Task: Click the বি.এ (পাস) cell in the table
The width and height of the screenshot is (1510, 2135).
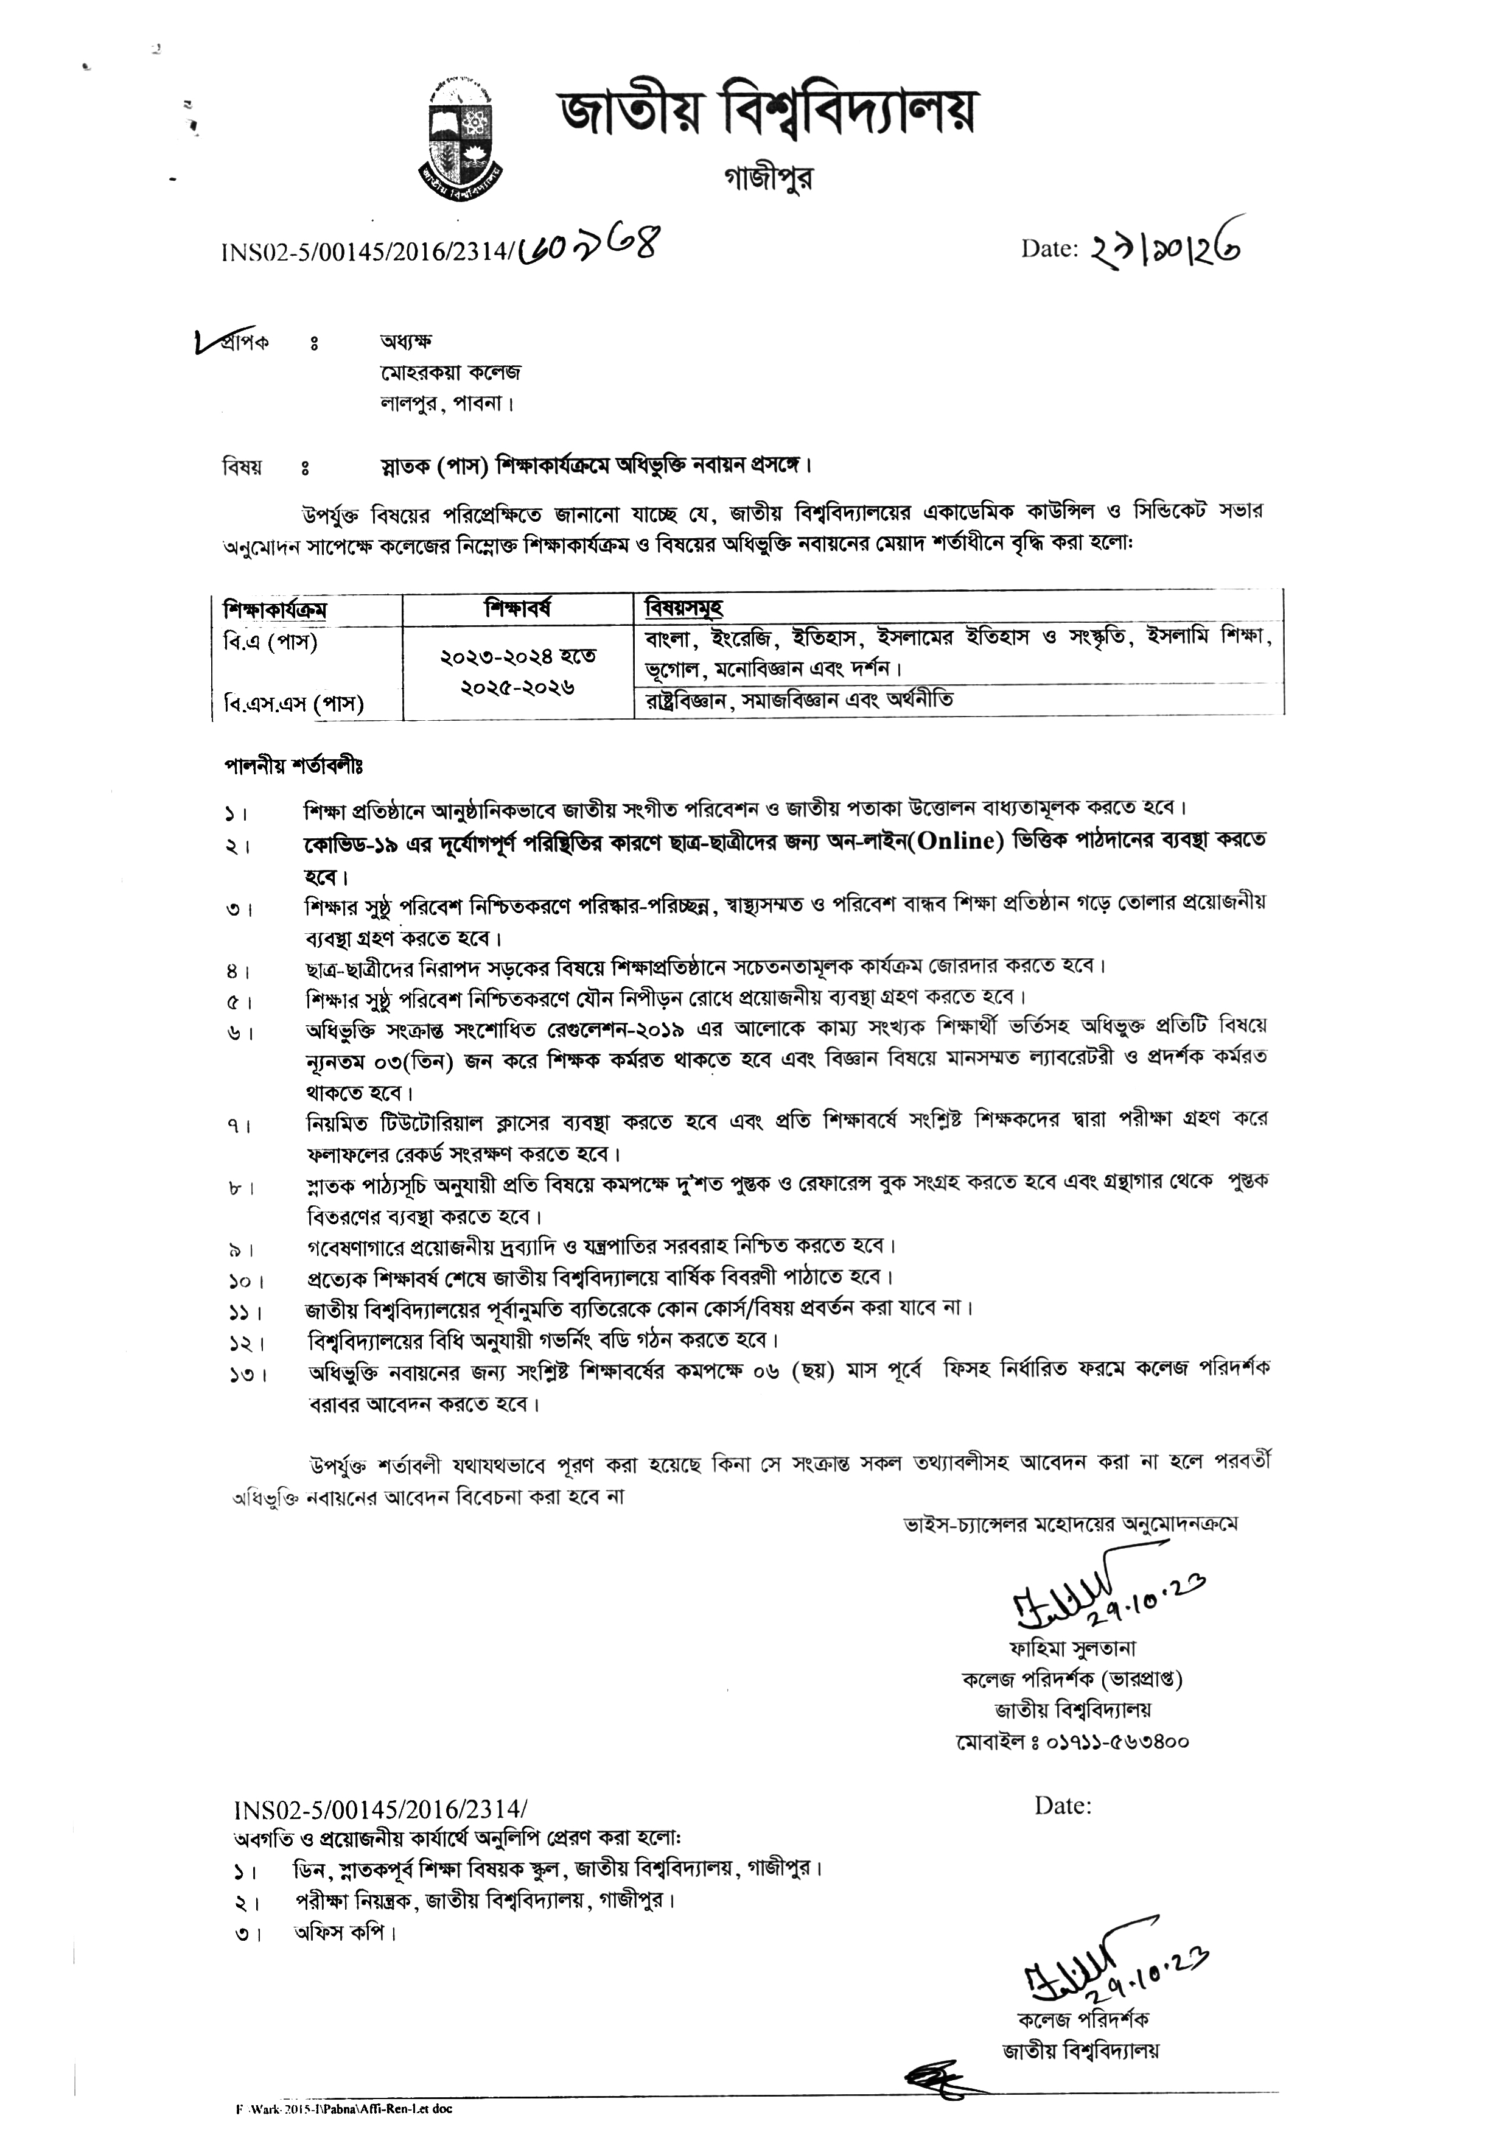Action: coord(271,642)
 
